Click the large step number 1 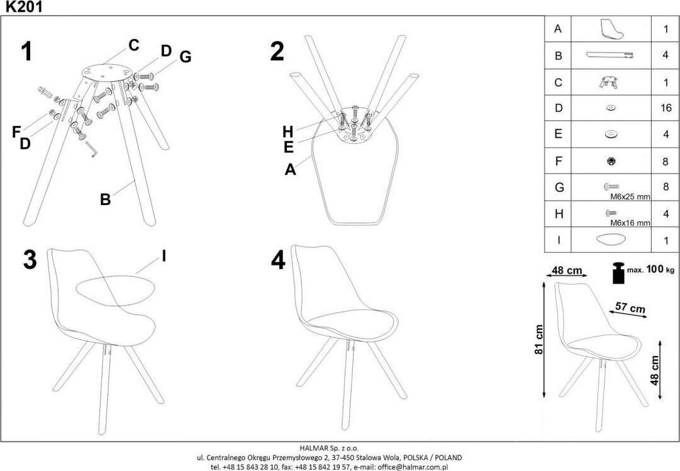tap(26, 51)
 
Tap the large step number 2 tap(277, 51)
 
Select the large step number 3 tap(30, 259)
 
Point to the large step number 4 tap(278, 259)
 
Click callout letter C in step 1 tap(133, 45)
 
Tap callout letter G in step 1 tap(185, 57)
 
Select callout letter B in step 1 tap(106, 199)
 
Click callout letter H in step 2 tap(288, 131)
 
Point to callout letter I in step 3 tap(164, 255)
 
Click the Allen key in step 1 tap(92, 149)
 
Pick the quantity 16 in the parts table tap(666, 108)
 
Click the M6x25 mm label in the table tap(630, 196)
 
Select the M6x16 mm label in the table tap(630, 223)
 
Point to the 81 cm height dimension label tap(538, 340)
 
